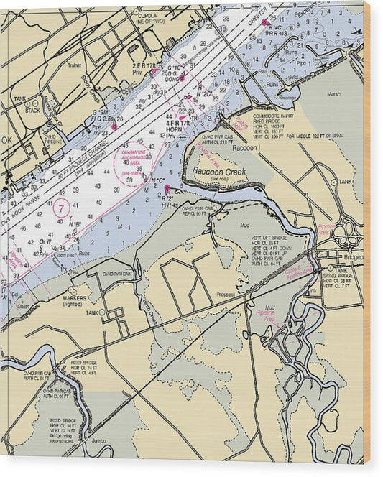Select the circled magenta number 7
click(62, 209)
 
